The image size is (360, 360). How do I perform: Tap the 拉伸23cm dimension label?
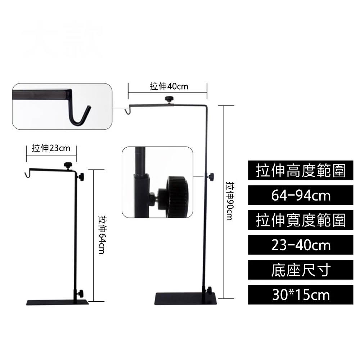(51, 148)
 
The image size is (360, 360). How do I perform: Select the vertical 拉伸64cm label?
(102, 235)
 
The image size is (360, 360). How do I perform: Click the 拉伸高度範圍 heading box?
(301, 171)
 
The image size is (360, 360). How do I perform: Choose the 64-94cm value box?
(301, 196)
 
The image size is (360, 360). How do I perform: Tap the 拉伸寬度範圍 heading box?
(301, 221)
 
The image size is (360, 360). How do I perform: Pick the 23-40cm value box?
(301, 245)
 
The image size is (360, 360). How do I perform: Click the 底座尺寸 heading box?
(301, 270)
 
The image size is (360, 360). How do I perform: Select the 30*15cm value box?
(301, 295)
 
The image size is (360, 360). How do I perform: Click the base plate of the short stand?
(57, 302)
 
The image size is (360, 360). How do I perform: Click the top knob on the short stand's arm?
(67, 165)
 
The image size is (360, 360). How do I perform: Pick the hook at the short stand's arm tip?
(26, 175)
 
